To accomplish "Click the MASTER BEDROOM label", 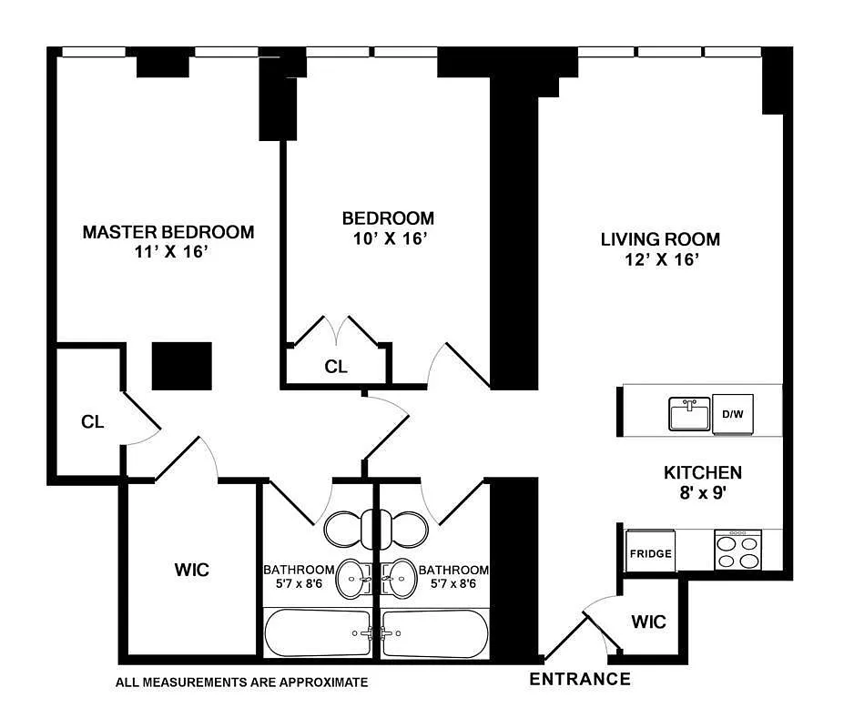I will (x=168, y=232).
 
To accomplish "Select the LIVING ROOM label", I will (x=660, y=239).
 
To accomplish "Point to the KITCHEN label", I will (x=701, y=472).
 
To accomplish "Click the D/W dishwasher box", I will (x=734, y=414).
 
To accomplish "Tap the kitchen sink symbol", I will (x=689, y=414).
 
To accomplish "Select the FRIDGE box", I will (x=650, y=552).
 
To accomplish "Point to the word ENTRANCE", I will (x=580, y=679).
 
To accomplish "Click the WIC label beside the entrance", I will (x=649, y=622).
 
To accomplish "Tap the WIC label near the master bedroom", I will (x=191, y=570).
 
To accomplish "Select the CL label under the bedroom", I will (x=336, y=367).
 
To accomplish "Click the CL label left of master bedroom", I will (x=92, y=422).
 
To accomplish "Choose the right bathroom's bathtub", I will (x=434, y=633).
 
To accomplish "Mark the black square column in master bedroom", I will (x=181, y=366).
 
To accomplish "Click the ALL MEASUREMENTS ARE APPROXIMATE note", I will (x=242, y=682).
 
